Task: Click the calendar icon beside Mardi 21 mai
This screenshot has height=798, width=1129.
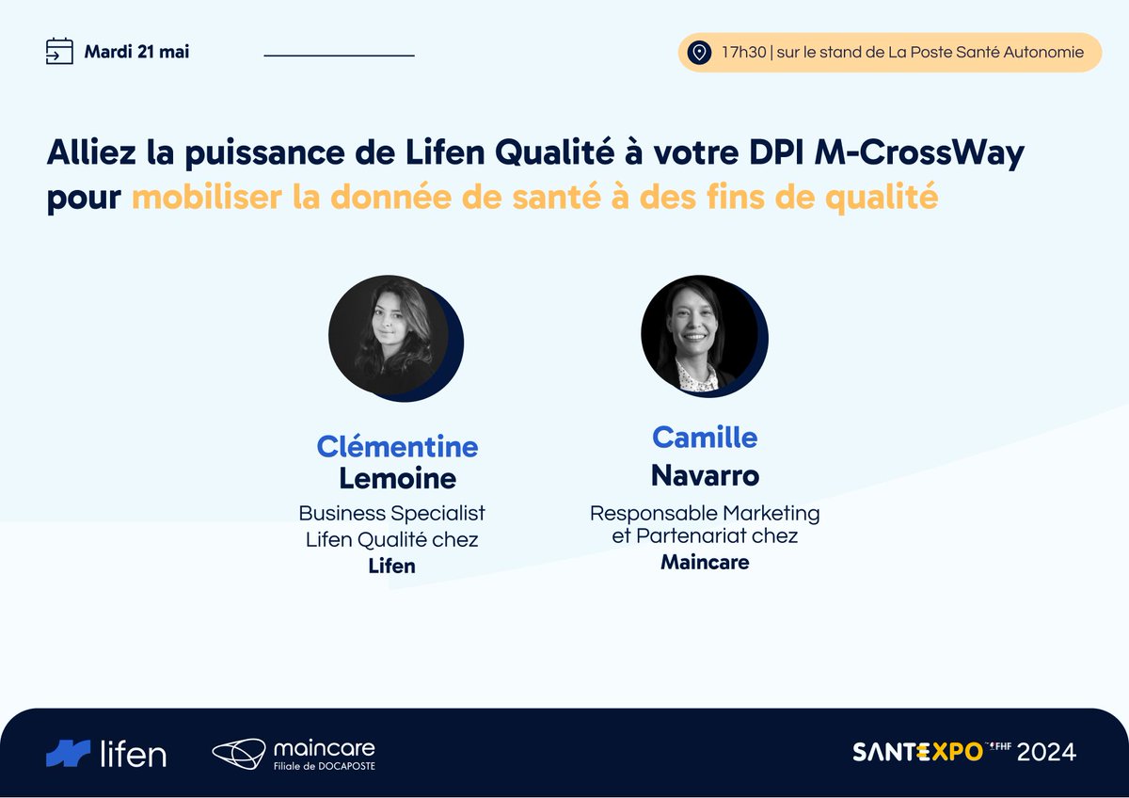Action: point(59,51)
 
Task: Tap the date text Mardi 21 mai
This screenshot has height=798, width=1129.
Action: point(136,52)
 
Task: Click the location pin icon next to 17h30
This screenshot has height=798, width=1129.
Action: point(698,53)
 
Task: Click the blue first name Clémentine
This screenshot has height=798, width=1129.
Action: point(397,446)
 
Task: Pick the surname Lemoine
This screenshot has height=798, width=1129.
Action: point(397,478)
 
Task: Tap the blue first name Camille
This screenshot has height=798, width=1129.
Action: point(705,437)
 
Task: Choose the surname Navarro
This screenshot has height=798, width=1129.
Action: point(705,475)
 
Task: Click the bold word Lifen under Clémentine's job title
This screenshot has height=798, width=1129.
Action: point(391,566)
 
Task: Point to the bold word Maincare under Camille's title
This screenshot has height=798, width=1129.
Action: point(705,562)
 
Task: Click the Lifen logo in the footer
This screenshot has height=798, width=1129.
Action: point(106,753)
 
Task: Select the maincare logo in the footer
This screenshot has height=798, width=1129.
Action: point(294,753)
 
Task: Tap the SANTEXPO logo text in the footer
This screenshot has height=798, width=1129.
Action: point(917,752)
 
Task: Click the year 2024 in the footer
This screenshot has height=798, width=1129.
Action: point(1045,752)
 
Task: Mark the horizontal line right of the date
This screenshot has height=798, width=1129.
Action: point(339,56)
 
